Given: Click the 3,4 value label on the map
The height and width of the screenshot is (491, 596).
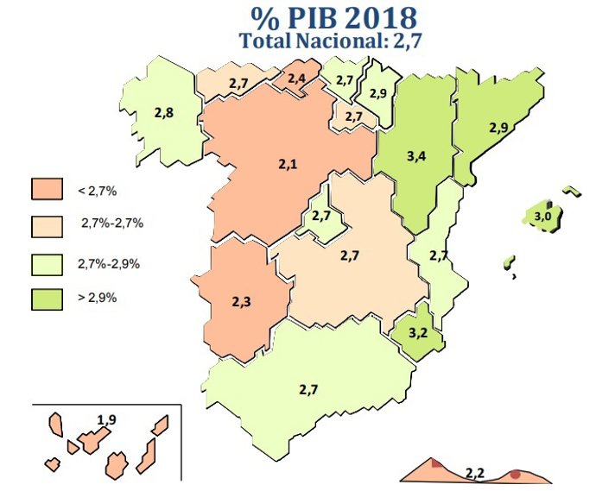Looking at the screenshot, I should click(x=415, y=156).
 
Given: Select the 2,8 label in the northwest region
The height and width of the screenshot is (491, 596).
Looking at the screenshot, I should click(x=163, y=112).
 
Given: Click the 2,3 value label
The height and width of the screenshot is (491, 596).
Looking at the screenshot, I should click(x=242, y=301).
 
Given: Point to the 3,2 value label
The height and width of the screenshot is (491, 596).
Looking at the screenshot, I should click(x=417, y=331).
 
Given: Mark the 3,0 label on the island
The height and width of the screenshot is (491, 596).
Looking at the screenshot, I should click(x=542, y=216).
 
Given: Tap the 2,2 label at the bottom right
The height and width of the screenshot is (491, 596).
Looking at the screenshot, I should click(x=474, y=472).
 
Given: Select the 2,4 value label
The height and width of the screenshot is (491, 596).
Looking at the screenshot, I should click(x=297, y=79).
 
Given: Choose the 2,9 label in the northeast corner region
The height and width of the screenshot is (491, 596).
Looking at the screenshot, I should click(x=498, y=128).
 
